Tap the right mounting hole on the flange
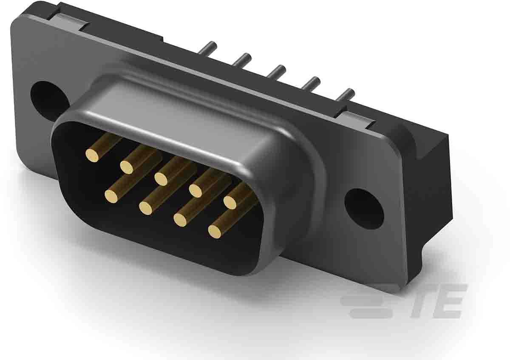363,209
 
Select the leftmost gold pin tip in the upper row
92,155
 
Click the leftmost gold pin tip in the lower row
111,196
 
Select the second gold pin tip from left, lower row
146,207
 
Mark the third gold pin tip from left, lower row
181,219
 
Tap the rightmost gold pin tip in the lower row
215,231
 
